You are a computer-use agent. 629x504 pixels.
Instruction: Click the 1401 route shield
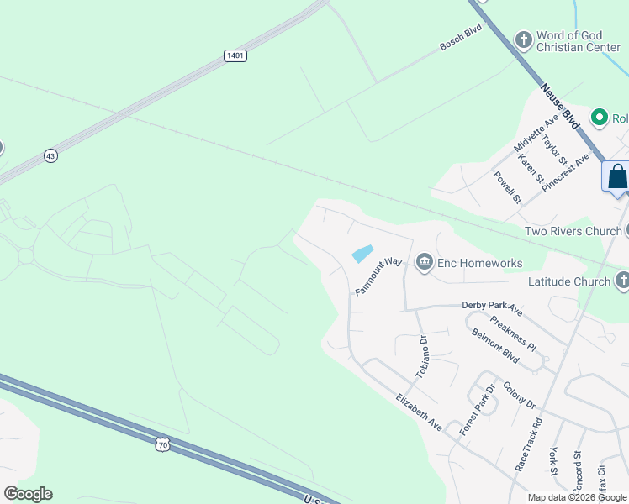(235, 55)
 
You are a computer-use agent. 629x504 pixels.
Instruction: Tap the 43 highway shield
(51, 155)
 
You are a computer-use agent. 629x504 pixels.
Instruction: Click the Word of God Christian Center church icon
(524, 39)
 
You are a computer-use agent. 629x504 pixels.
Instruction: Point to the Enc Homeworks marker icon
(424, 263)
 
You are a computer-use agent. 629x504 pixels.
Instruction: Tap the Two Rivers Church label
(572, 231)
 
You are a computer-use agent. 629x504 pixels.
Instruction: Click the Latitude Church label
(568, 281)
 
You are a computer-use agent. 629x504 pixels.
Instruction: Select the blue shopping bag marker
(617, 177)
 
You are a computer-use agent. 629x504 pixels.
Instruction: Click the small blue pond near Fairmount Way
(362, 253)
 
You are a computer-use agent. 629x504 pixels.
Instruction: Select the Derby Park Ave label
(492, 308)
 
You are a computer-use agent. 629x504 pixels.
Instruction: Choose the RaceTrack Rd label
(530, 444)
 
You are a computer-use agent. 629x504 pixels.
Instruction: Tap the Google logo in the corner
(28, 494)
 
